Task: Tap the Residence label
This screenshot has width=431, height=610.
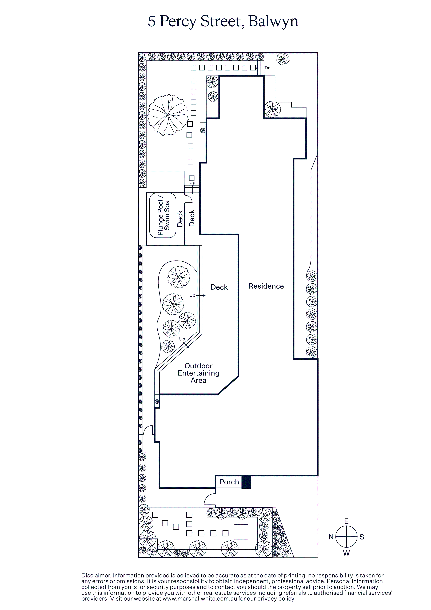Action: [x=266, y=286]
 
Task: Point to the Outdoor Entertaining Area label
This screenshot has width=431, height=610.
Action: [x=198, y=373]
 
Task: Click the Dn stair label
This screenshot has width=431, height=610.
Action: [x=267, y=68]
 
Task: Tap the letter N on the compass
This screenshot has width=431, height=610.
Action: [x=331, y=537]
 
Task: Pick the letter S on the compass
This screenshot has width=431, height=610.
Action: [x=362, y=537]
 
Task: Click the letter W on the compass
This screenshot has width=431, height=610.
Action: [x=346, y=553]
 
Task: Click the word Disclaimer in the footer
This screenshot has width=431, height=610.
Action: [x=96, y=575]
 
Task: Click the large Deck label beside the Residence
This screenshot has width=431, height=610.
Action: [x=219, y=287]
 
